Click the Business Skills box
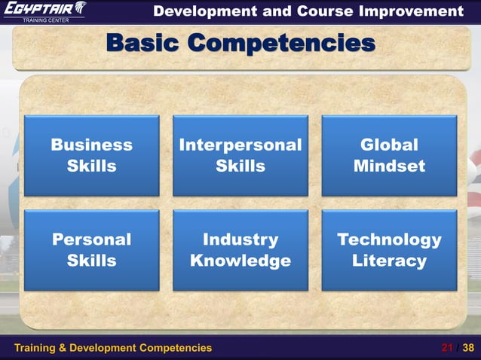pos(91,155)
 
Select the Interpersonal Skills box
pos(240,155)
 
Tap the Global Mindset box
pos(389,155)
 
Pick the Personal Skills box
pos(91,250)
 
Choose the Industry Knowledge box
pos(240,250)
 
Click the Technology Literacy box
pos(389,250)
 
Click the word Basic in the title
pos(143,43)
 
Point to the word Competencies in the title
pos(280,43)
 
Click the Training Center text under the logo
pos(45,20)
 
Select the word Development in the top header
pos(197,11)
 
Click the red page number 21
pos(447,347)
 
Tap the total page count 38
pos(468,347)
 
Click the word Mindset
pos(389,166)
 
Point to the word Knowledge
pos(240,261)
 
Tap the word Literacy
pos(389,261)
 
